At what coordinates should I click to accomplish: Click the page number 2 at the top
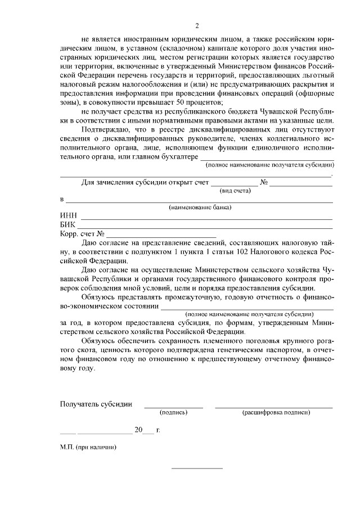197,25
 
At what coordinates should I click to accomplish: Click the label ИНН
67,216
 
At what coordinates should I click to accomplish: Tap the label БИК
67,225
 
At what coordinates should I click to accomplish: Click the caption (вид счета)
236,191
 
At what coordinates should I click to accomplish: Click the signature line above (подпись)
174,407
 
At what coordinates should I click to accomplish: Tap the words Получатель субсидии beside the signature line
96,403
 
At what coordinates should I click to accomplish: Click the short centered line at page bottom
197,469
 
